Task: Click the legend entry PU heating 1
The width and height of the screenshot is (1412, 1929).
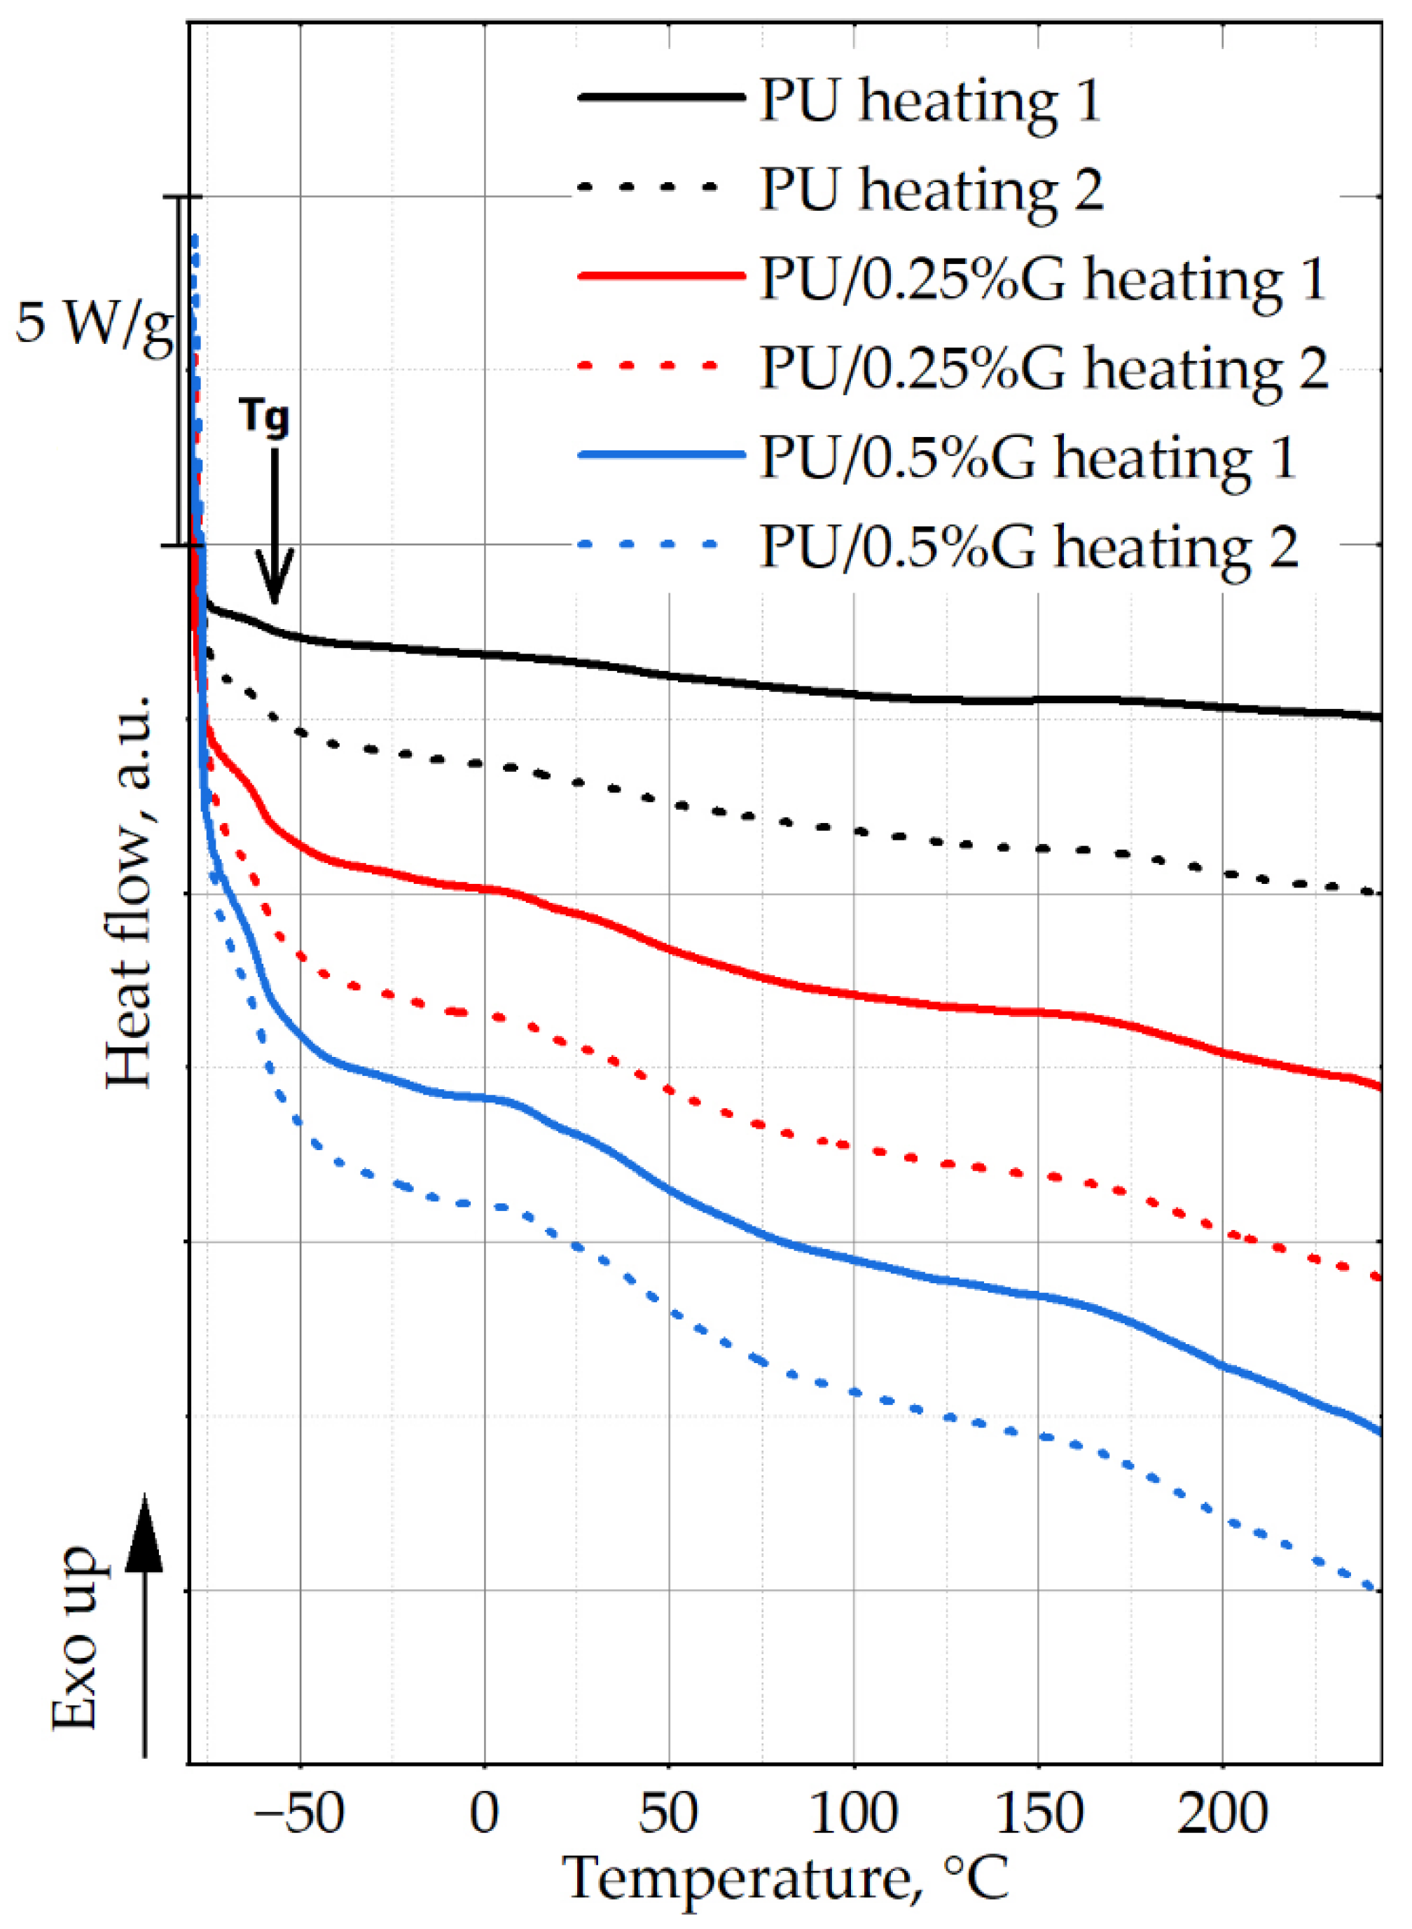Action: tap(929, 100)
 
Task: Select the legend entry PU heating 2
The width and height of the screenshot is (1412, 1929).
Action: tap(931, 189)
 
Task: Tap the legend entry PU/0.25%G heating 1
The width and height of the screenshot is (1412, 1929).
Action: tap(1042, 279)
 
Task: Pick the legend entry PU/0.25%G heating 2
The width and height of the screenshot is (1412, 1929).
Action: tap(1044, 368)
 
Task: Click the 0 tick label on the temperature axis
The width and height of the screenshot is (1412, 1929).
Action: tap(485, 1813)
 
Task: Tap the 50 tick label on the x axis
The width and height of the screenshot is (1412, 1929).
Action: tap(668, 1813)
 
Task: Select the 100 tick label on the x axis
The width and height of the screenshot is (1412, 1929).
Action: tap(853, 1813)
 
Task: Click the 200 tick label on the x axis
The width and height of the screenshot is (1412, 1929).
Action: tap(1221, 1813)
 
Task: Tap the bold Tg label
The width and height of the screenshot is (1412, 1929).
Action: tap(265, 416)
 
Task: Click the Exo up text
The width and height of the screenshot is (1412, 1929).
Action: tap(75, 1637)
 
